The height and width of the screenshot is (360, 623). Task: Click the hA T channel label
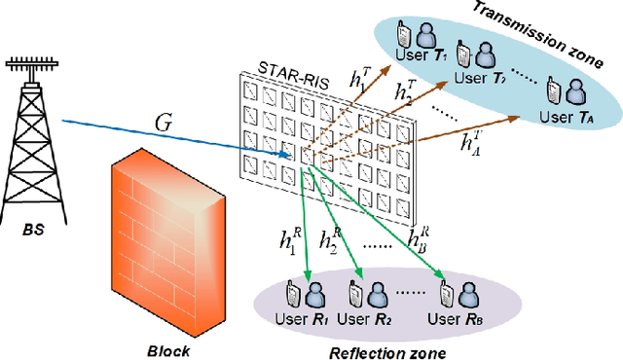(473, 142)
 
